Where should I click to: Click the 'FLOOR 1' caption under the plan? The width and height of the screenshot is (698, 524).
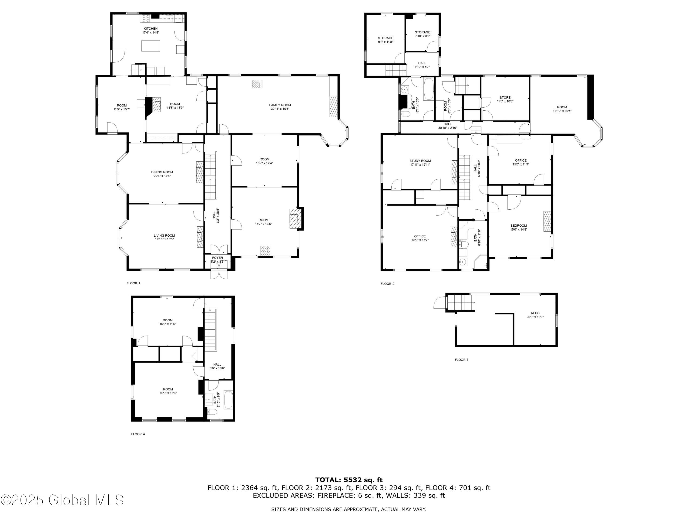coord(134,283)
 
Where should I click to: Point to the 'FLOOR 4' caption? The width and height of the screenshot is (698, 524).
coord(138,434)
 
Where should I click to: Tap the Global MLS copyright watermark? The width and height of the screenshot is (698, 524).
coord(62,500)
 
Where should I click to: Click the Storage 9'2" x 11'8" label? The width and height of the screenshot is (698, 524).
coord(385,40)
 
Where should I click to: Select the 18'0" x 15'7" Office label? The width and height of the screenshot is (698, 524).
coord(420,238)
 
